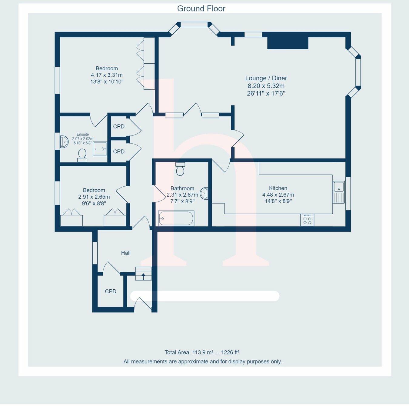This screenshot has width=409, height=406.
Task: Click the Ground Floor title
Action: (x=201, y=8)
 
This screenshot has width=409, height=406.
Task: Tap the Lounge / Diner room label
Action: (x=266, y=78)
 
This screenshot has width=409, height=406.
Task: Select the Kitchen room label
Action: (x=278, y=188)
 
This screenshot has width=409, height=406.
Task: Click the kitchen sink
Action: (x=339, y=192)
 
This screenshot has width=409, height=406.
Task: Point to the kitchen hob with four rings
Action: (x=307, y=220)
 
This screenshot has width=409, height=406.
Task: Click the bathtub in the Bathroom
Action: (x=176, y=218)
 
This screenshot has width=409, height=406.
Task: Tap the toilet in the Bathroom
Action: (x=180, y=169)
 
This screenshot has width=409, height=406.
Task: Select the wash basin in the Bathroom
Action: (x=205, y=193)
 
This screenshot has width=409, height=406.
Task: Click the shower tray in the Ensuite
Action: (x=100, y=149)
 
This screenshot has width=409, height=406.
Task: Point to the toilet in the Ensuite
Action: (x=82, y=155)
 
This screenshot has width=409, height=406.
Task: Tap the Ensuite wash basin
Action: (x=64, y=142)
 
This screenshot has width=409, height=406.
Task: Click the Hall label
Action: (x=126, y=253)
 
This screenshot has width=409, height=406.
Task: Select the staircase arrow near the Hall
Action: (x=144, y=276)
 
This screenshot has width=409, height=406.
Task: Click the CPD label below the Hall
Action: (x=111, y=291)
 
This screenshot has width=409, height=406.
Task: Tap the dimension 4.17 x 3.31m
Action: (x=107, y=75)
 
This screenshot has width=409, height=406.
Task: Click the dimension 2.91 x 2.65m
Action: (x=94, y=197)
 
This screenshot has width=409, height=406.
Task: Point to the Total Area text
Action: (x=202, y=352)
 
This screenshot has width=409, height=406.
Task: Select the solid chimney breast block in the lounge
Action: (x=288, y=43)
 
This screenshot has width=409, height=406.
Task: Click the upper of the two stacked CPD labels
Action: (x=119, y=127)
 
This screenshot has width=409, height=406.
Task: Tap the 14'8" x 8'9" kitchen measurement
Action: (x=278, y=201)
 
